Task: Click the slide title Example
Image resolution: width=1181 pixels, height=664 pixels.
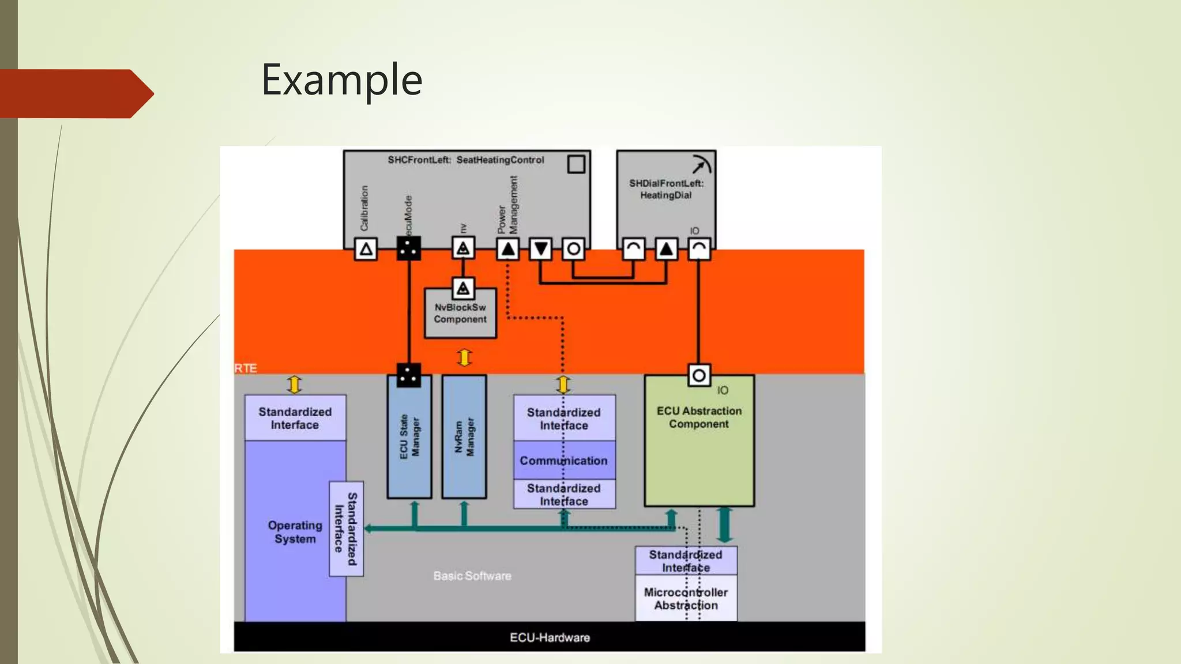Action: click(341, 80)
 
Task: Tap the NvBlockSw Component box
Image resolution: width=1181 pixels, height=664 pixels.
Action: click(460, 314)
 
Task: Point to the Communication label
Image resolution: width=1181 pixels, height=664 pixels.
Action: click(563, 461)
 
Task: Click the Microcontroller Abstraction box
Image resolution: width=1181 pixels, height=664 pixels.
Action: click(686, 598)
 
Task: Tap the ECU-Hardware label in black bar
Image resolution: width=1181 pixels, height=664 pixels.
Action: click(550, 637)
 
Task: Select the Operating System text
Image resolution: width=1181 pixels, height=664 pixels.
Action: click(295, 532)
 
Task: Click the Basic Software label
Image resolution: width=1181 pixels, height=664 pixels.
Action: click(472, 576)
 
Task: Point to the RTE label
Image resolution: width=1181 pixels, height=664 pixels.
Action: click(246, 368)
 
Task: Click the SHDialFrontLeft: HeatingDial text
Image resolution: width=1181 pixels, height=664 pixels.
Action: click(666, 189)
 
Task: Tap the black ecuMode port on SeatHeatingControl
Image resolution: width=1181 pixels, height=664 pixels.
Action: click(409, 249)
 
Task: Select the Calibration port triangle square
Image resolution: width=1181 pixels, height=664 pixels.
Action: click(366, 249)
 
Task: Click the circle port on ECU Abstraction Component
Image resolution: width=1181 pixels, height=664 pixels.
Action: click(699, 376)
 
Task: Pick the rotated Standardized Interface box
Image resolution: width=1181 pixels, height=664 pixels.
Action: click(346, 529)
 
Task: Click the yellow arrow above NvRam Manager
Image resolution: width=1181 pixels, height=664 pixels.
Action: click(464, 357)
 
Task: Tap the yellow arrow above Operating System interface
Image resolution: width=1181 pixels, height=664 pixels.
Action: click(295, 384)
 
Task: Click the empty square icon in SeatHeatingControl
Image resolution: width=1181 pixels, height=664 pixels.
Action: click(576, 164)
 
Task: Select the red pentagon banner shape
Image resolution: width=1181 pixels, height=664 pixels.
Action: click(75, 93)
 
